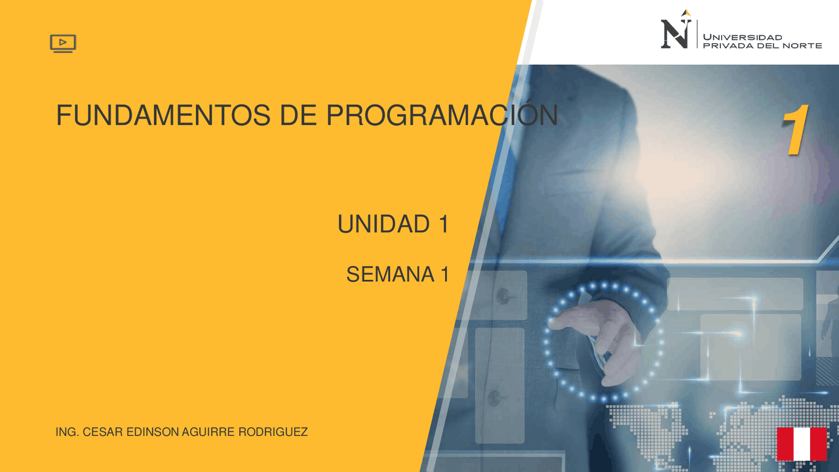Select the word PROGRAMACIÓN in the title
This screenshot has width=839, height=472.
[x=442, y=116]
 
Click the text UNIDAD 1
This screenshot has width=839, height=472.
[x=393, y=225]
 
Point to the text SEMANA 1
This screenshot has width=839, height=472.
[x=397, y=275]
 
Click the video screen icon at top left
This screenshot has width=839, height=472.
[x=63, y=43]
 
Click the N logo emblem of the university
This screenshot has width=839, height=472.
[x=675, y=32]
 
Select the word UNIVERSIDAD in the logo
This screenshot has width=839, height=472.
[x=743, y=37]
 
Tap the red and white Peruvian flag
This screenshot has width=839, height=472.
[x=802, y=444]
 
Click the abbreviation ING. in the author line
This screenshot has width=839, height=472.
[x=68, y=433]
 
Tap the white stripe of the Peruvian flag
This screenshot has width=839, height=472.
[x=802, y=444]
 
